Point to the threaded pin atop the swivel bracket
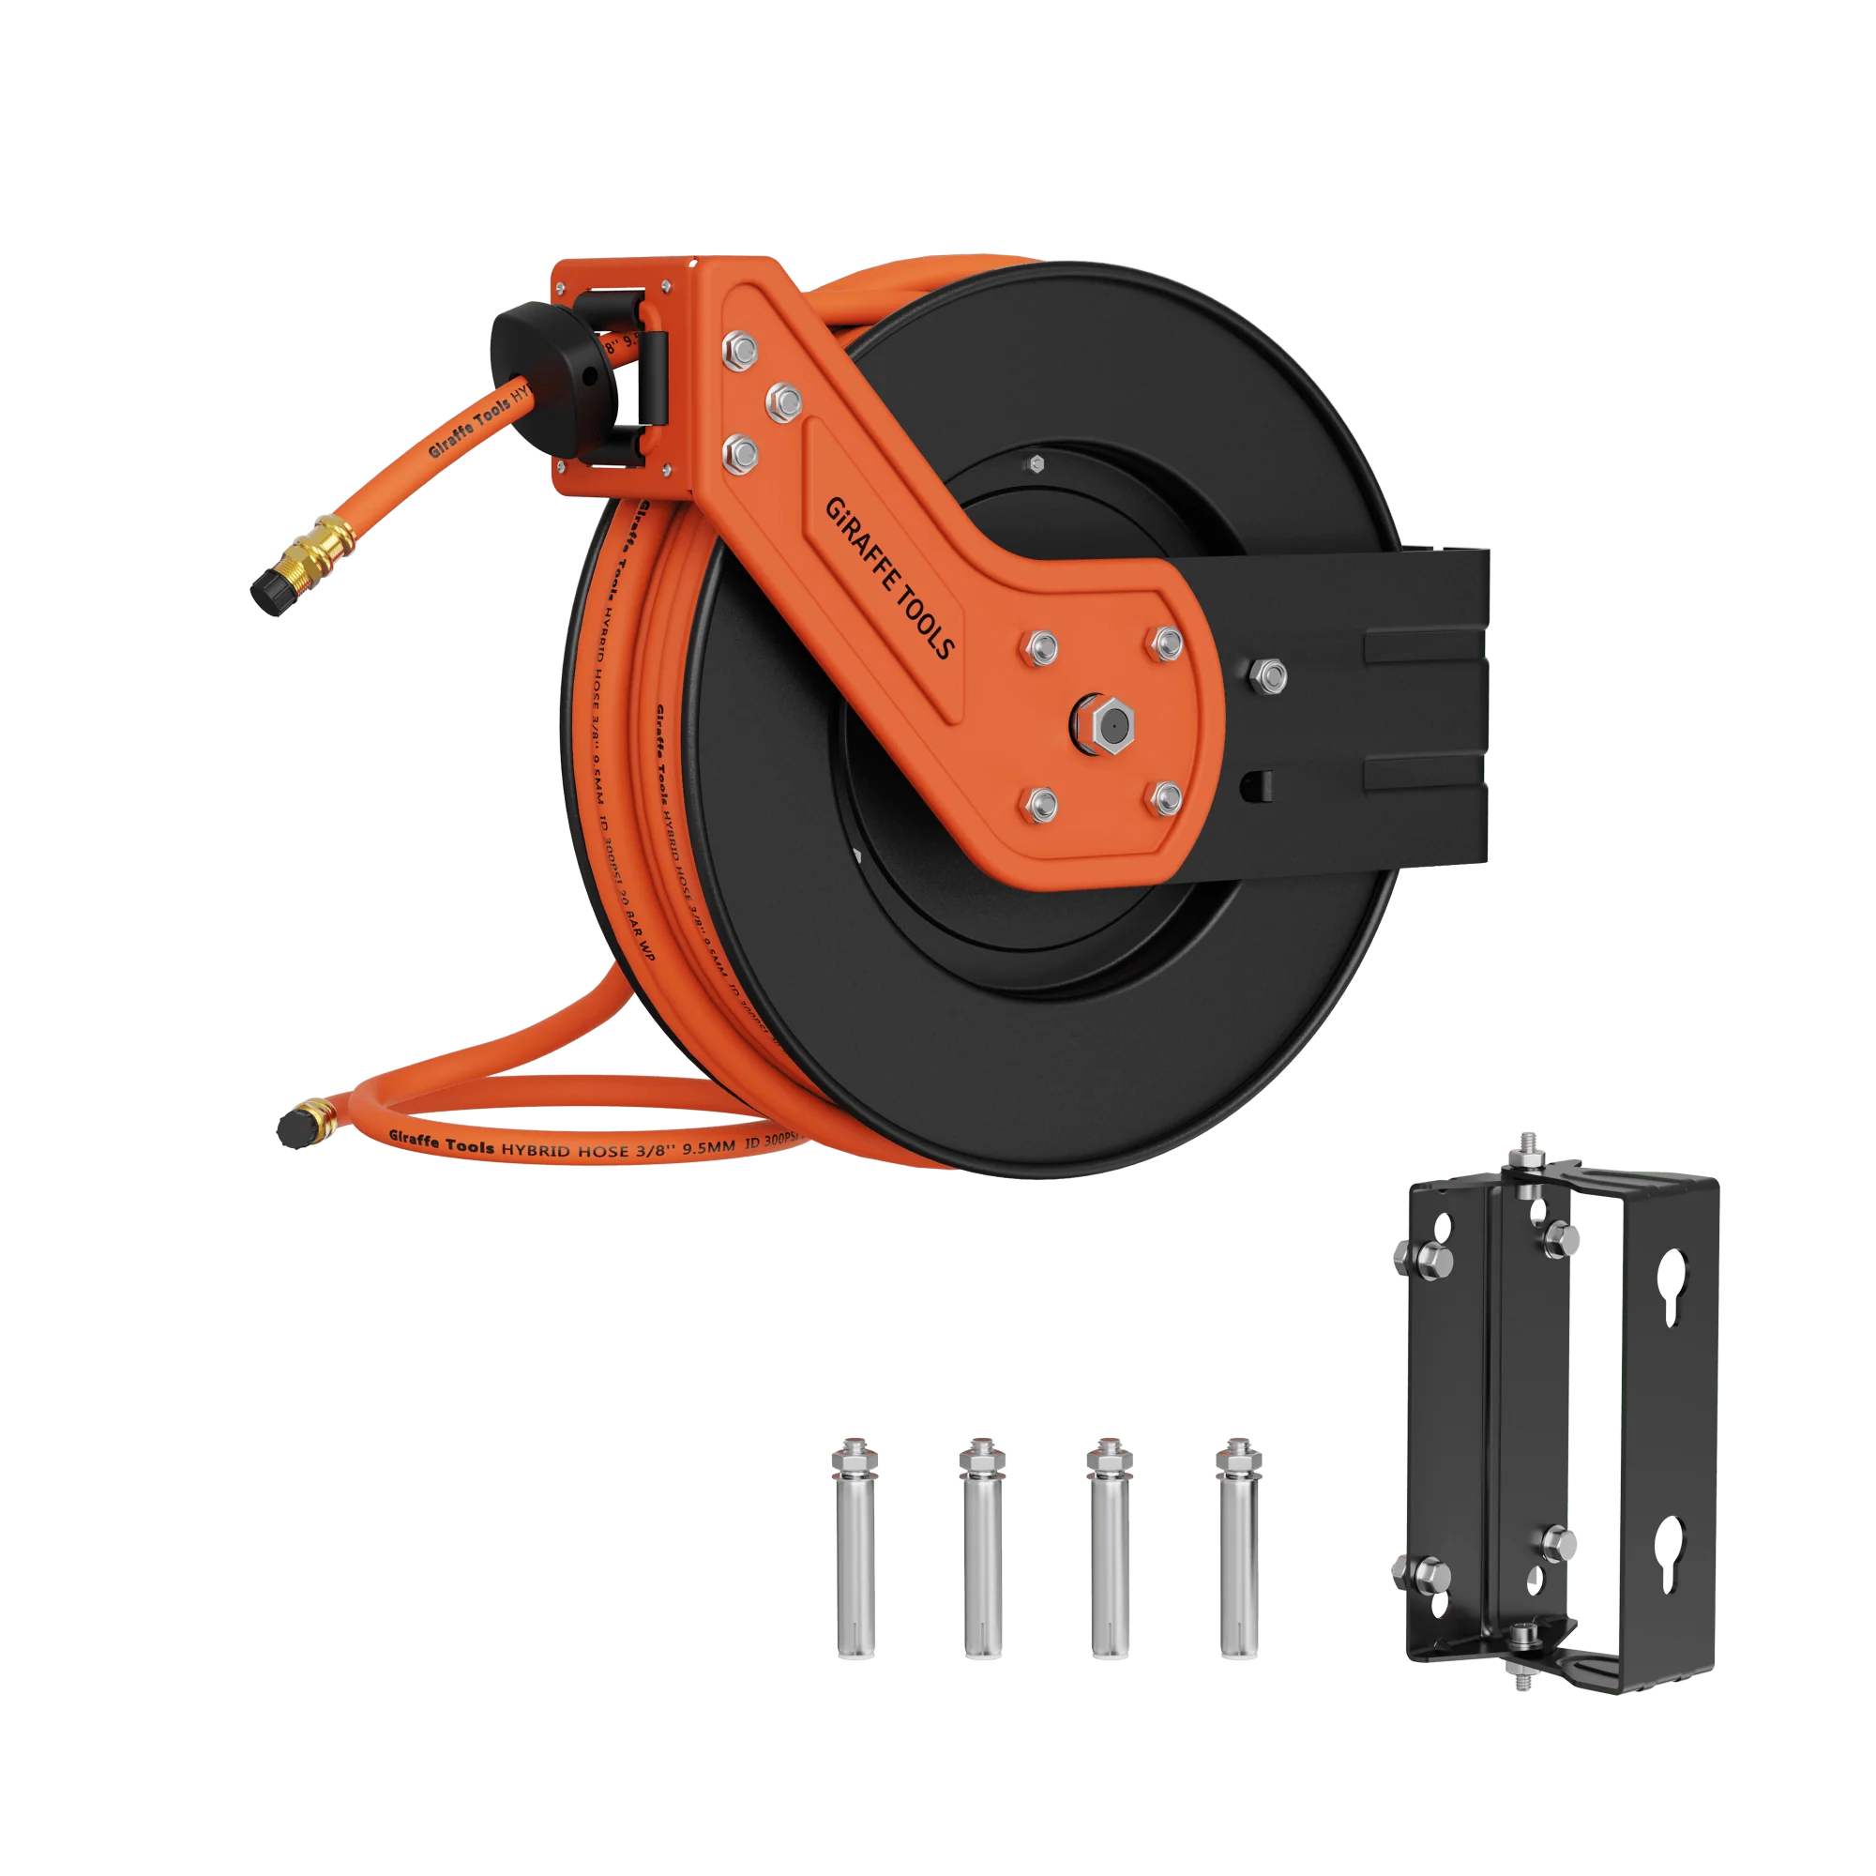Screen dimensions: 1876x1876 1521,1148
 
